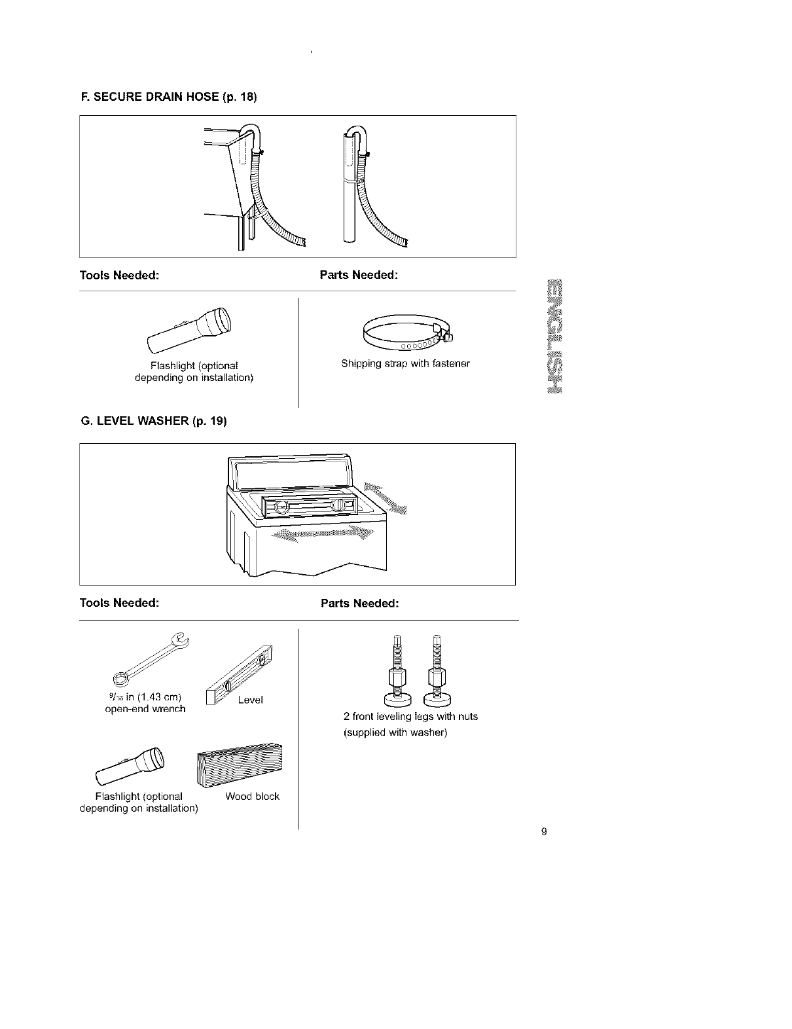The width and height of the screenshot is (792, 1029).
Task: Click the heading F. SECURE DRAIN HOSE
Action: pos(168,98)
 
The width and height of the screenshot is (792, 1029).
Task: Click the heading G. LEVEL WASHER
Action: pos(153,422)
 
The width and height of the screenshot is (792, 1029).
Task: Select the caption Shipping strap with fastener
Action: pos(405,363)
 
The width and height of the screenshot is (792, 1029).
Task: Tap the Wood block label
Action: pos(252,797)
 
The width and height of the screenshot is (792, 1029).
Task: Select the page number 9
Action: pos(544,832)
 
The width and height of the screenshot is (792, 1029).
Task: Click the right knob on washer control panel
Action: pos(340,506)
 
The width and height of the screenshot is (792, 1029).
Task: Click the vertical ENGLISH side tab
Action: pos(556,336)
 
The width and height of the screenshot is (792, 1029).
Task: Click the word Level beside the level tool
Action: pos(250,700)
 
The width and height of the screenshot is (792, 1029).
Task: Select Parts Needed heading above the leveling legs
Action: pos(359,603)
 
